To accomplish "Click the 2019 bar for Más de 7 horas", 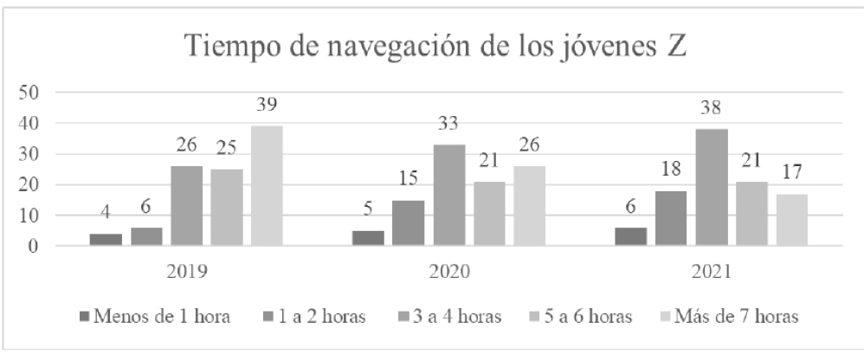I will [x=266, y=186].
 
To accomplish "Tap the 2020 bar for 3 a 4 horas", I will [x=448, y=196].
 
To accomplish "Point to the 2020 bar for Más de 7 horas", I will [x=530, y=206].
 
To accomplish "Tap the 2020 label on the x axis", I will [x=448, y=272].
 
